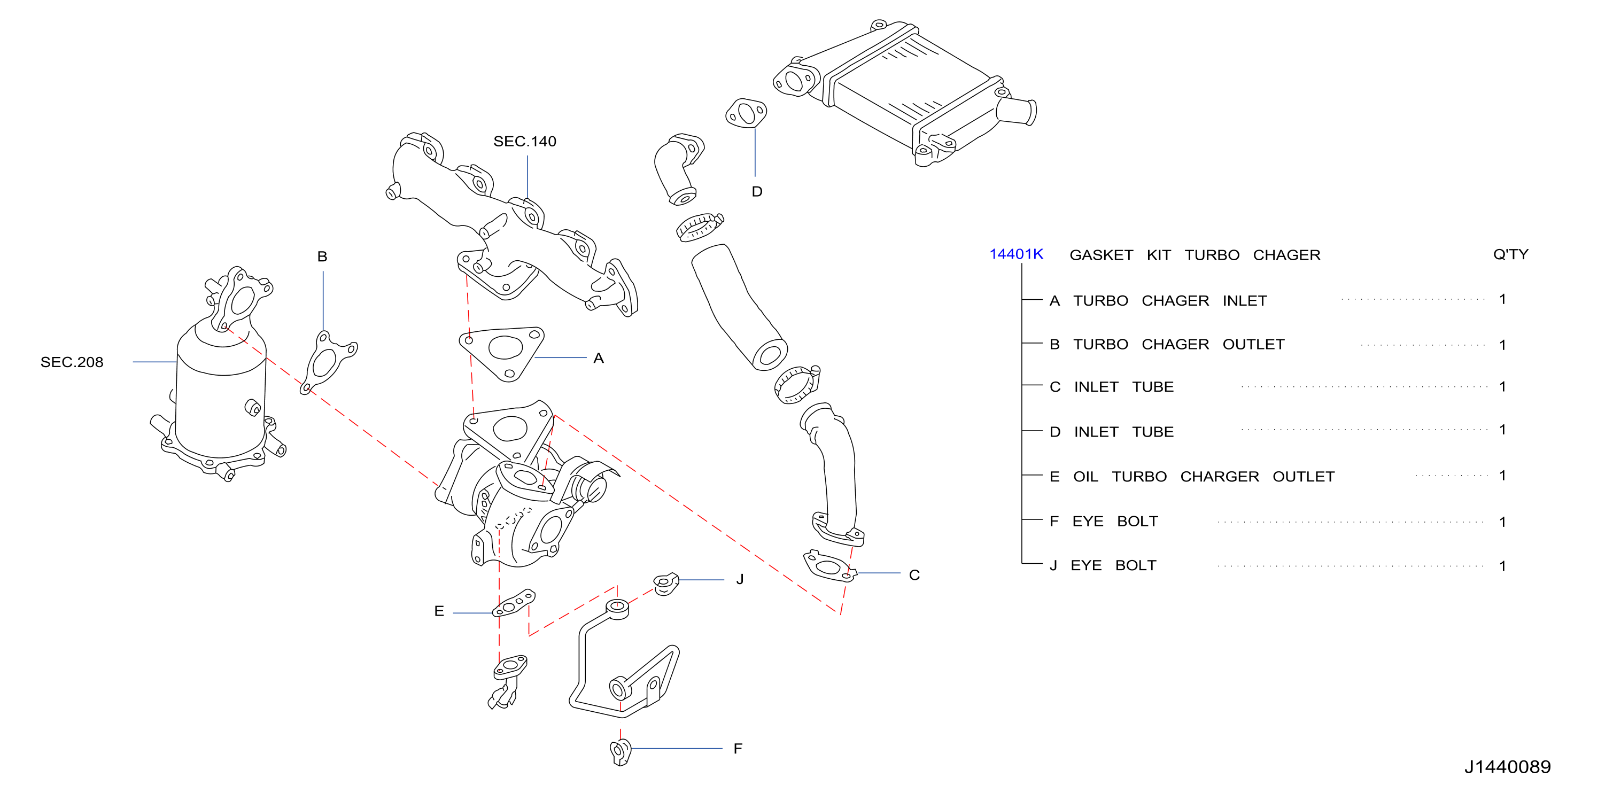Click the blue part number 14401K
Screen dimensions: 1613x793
coord(1015,254)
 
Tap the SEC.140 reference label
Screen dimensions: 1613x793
coord(525,142)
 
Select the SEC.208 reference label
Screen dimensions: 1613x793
coord(72,362)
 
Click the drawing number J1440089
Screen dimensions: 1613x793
coord(1507,767)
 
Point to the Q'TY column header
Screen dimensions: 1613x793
coord(1510,254)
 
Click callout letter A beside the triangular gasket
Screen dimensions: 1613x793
coord(599,358)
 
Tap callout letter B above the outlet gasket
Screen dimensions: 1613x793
coord(322,256)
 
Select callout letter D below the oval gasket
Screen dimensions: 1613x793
coord(757,191)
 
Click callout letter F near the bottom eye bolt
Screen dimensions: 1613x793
coord(738,749)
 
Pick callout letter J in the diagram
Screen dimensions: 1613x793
coord(740,579)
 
